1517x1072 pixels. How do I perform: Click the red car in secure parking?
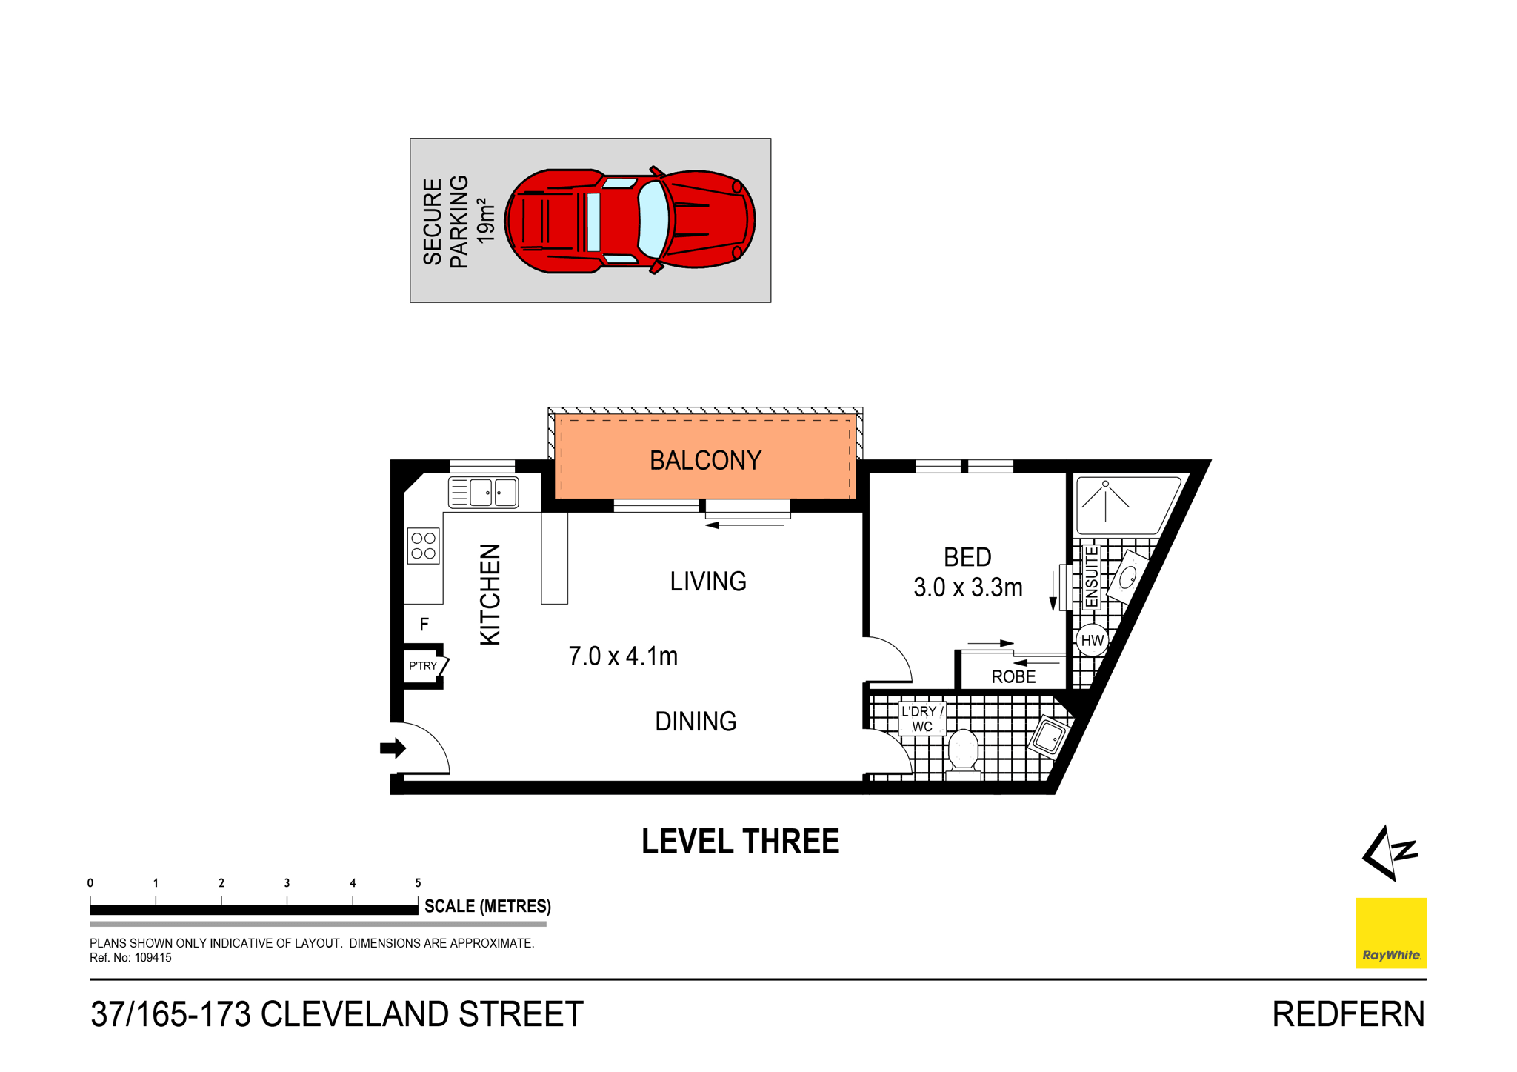pos(630,221)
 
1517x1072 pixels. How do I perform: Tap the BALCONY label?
pos(704,460)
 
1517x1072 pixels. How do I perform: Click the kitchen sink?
pos(483,493)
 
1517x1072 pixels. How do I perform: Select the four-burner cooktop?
pos(423,546)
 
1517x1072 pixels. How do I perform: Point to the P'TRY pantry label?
pos(423,665)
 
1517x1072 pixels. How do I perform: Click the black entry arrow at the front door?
pos(393,748)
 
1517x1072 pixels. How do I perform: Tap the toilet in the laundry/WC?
pos(963,750)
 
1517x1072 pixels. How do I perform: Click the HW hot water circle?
pos(1092,640)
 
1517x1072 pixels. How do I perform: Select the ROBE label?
pos(1013,676)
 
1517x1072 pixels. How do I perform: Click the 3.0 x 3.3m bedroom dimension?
pos(967,587)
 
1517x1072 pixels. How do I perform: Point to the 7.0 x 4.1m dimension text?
pos(623,656)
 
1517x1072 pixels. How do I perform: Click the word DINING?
pos(696,721)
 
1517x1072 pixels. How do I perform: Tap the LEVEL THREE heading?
pos(740,842)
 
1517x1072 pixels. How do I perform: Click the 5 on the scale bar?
pos(418,882)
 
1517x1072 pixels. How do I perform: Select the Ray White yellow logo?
pos(1390,932)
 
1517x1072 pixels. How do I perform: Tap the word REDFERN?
pos(1347,1013)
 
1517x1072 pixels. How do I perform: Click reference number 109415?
pos(153,957)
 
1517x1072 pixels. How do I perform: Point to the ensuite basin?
pos(1127,577)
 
